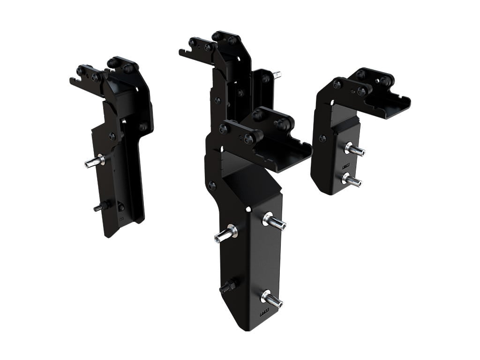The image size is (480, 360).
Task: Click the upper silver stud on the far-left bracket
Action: (x=94, y=162)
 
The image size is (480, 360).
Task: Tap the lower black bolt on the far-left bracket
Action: (x=100, y=207)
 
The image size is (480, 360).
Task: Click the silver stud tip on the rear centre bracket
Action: (x=277, y=75)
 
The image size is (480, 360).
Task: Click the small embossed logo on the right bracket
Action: (x=346, y=165)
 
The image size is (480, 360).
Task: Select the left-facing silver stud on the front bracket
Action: (x=225, y=234)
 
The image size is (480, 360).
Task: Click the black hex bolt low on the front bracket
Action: (x=228, y=285)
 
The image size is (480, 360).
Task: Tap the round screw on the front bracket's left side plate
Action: (x=212, y=185)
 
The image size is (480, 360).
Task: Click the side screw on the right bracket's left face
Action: (x=322, y=138)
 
